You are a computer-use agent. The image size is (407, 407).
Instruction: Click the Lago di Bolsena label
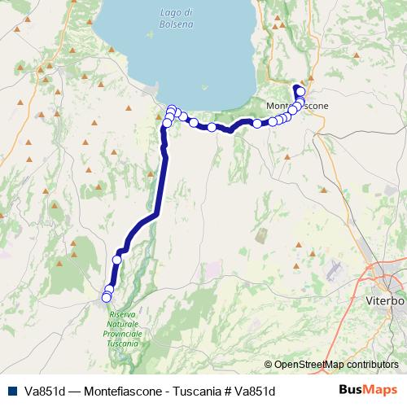pos(177,18)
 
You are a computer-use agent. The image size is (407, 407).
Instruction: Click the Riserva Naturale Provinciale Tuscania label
pos(123,329)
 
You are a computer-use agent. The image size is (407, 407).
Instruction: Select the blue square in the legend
pos(12,391)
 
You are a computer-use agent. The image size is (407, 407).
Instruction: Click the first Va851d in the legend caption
pos(46,392)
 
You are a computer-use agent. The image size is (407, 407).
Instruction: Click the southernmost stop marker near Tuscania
pos(106,298)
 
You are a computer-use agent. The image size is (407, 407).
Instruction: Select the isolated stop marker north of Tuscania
pos(116,260)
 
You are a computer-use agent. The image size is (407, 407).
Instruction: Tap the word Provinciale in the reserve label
pos(124,334)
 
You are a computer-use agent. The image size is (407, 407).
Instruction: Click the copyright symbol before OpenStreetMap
pos(268,365)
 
